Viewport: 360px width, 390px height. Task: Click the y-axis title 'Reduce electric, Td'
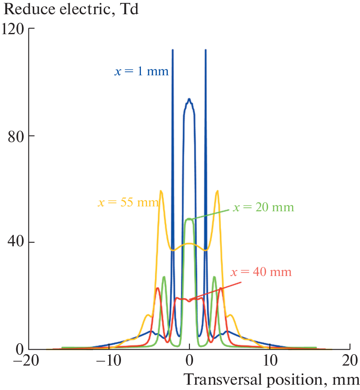69,9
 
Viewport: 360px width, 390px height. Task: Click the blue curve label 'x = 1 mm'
141,72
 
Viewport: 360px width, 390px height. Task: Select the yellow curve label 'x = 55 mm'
128,202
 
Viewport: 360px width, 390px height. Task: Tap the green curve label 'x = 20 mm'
263,207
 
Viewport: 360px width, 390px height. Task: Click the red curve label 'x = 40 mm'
261,272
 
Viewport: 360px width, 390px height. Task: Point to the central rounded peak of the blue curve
189,99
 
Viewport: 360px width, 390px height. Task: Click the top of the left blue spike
173,50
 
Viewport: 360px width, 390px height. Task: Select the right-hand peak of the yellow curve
217,191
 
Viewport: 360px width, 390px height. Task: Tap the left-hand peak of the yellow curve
161,191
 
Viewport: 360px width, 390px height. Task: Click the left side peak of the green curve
164,277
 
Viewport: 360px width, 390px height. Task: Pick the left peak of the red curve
158,288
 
